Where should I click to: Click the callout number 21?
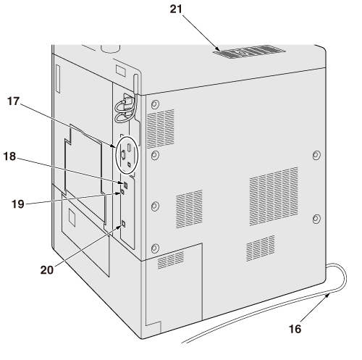[x=176, y=9]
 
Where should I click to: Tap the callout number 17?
[x=13, y=101]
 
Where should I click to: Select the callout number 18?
[x=9, y=156]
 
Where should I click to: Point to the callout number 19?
[x=18, y=204]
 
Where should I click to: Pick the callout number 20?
[x=47, y=270]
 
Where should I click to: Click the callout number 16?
[x=295, y=329]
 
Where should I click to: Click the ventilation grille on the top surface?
[x=249, y=51]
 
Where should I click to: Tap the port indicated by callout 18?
[x=125, y=185]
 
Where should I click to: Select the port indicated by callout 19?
[x=122, y=192]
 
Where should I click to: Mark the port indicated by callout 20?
[x=123, y=224]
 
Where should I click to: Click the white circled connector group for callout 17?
[x=127, y=155]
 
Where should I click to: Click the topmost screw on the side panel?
[x=155, y=105]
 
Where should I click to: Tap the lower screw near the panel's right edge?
[x=316, y=219]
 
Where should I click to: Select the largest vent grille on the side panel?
[x=274, y=196]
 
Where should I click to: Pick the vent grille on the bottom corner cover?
[x=171, y=260]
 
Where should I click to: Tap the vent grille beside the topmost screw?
[x=161, y=129]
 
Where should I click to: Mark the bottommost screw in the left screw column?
[x=155, y=248]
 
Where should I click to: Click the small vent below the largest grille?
[x=261, y=248]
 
